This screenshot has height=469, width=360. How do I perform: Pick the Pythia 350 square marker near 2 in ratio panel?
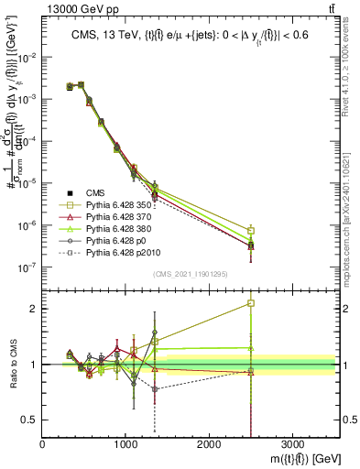(x=251, y=303)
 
